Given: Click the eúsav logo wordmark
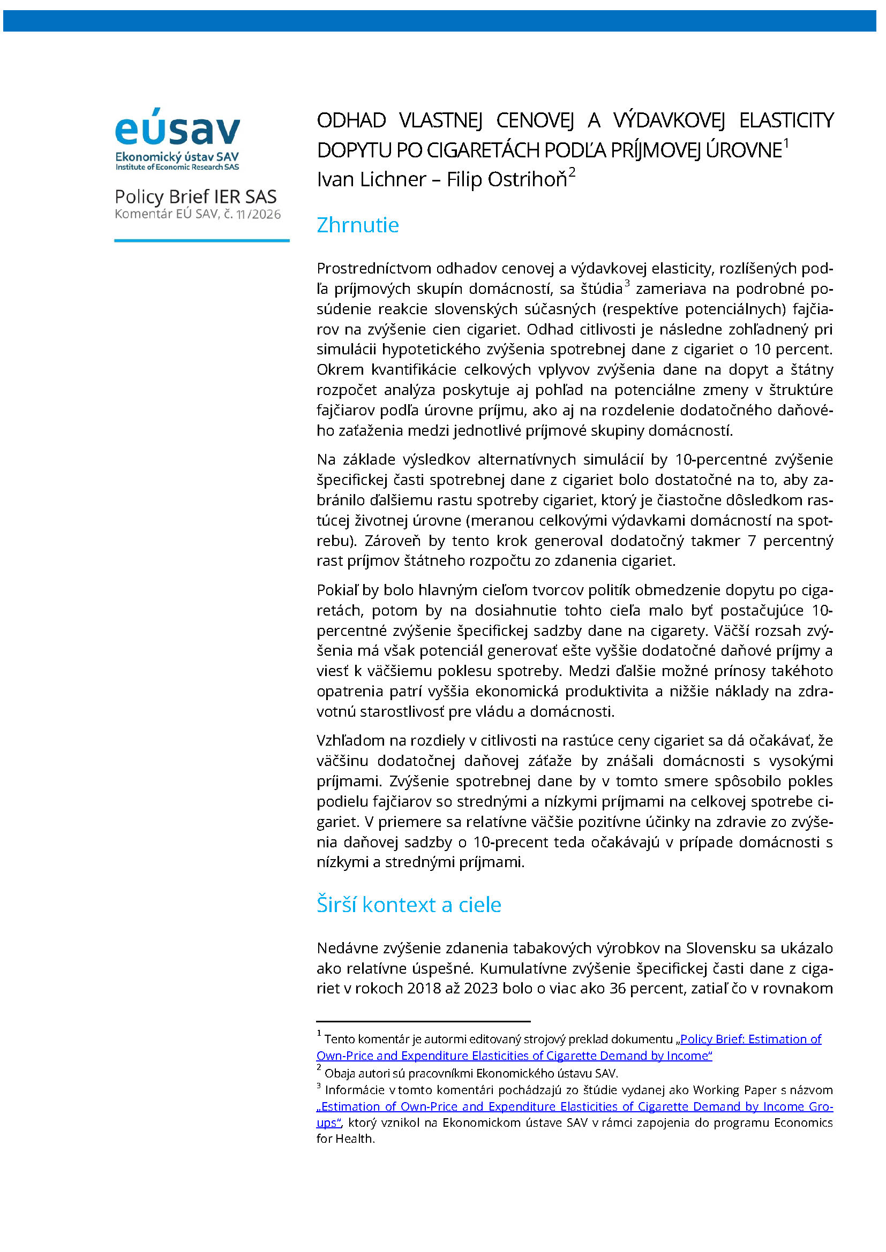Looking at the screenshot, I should [x=177, y=128].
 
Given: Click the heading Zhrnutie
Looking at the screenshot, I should [x=357, y=225].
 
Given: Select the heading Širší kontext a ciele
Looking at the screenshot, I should [x=409, y=905].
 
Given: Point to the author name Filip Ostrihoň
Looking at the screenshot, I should [x=507, y=179].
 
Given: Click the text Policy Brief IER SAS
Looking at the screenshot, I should [x=196, y=197].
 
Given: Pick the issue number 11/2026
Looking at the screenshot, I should [x=259, y=214].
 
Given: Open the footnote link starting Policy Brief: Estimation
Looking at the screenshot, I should [x=750, y=1039].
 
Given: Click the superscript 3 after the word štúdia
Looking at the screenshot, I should [x=627, y=283].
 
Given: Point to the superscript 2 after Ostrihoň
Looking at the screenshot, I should [x=572, y=172].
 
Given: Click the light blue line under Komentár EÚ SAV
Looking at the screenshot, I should [x=202, y=240].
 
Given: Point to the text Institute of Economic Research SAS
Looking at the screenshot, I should [x=177, y=168].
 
